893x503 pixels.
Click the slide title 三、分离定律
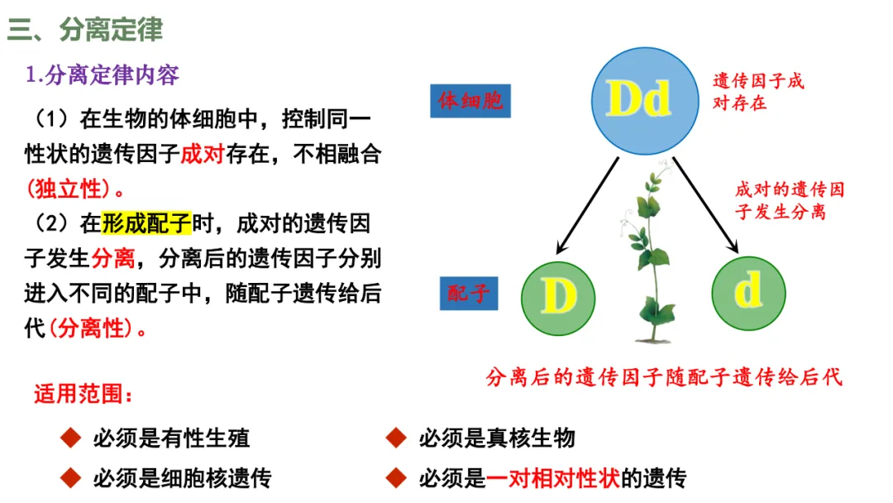point(85,30)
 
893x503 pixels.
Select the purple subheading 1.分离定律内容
point(103,75)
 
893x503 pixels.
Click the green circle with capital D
point(558,295)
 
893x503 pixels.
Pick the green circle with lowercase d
point(748,293)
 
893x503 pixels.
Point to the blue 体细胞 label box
point(470,102)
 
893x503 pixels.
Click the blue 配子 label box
point(469,293)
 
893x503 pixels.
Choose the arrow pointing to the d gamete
point(705,204)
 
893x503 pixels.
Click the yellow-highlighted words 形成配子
point(146,223)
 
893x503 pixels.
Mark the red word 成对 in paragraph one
point(202,154)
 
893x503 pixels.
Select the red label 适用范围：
point(83,394)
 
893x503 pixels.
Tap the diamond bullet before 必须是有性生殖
point(71,438)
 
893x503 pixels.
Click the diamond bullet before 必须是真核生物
point(396,438)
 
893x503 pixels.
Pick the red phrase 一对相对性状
point(553,478)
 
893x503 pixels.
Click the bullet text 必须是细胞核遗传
point(182,478)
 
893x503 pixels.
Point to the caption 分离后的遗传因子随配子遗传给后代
point(664,377)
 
